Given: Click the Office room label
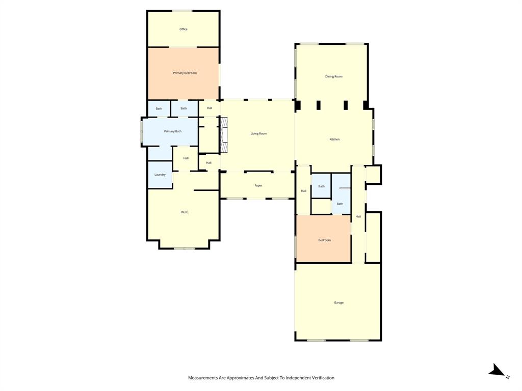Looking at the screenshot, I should pyautogui.click(x=184, y=29).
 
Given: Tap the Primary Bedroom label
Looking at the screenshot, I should pyautogui.click(x=185, y=73).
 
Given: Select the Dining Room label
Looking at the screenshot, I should pyautogui.click(x=334, y=76).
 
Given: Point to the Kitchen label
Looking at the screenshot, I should pyautogui.click(x=334, y=139).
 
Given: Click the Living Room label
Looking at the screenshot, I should pyautogui.click(x=258, y=133).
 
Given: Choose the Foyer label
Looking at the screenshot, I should pyautogui.click(x=258, y=185).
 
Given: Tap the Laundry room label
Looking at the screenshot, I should pyautogui.click(x=160, y=175).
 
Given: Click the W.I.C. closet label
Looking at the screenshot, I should pyautogui.click(x=185, y=212).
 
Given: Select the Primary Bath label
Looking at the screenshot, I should pyautogui.click(x=173, y=131).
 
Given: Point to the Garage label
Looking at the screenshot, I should pyautogui.click(x=338, y=302).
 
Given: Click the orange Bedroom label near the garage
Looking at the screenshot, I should pyautogui.click(x=325, y=240).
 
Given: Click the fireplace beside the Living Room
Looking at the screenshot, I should pyautogui.click(x=224, y=135).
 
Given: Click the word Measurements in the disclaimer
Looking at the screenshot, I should pyautogui.click(x=203, y=378).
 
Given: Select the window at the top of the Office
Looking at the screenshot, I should pyautogui.click(x=182, y=11).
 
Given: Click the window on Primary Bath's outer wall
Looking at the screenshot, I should pyautogui.click(x=142, y=132).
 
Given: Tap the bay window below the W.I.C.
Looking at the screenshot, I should pyautogui.click(x=185, y=248).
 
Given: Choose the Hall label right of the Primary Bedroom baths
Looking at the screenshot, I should pyautogui.click(x=209, y=108).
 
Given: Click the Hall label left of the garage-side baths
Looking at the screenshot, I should pyautogui.click(x=303, y=191).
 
